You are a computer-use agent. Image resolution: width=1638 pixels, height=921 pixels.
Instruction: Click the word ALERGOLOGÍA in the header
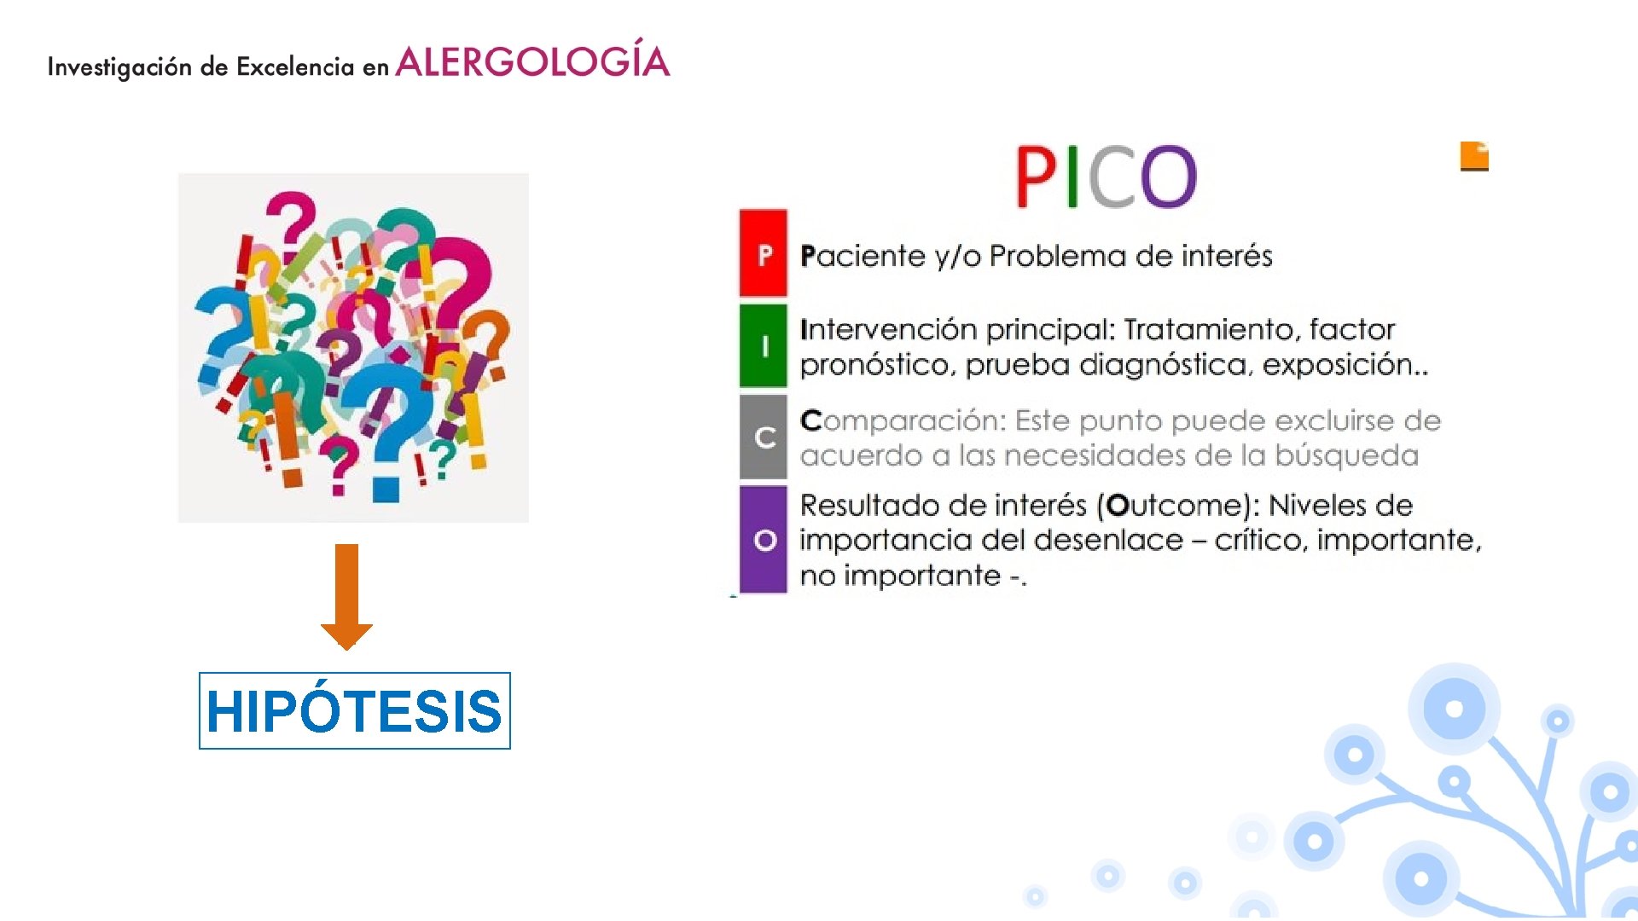(532, 62)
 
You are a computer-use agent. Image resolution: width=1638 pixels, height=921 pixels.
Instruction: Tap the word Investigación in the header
(119, 67)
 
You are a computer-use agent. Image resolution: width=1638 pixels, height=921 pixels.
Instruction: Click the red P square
(764, 254)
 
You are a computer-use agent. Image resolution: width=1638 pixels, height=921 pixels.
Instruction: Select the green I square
(764, 346)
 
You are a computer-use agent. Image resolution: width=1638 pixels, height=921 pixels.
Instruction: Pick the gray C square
(764, 437)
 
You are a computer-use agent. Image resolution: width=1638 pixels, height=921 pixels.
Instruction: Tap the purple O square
(764, 540)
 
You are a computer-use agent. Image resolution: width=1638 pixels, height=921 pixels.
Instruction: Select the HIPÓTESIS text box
(354, 710)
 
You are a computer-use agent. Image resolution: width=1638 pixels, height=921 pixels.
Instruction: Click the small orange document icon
(1474, 157)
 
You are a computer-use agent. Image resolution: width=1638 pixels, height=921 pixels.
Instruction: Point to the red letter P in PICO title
(1036, 177)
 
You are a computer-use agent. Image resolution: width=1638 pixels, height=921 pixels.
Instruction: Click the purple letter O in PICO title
(1168, 177)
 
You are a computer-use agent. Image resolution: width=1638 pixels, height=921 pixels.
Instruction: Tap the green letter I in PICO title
(1072, 177)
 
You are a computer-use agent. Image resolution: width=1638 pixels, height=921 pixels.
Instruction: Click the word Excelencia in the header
(295, 67)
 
